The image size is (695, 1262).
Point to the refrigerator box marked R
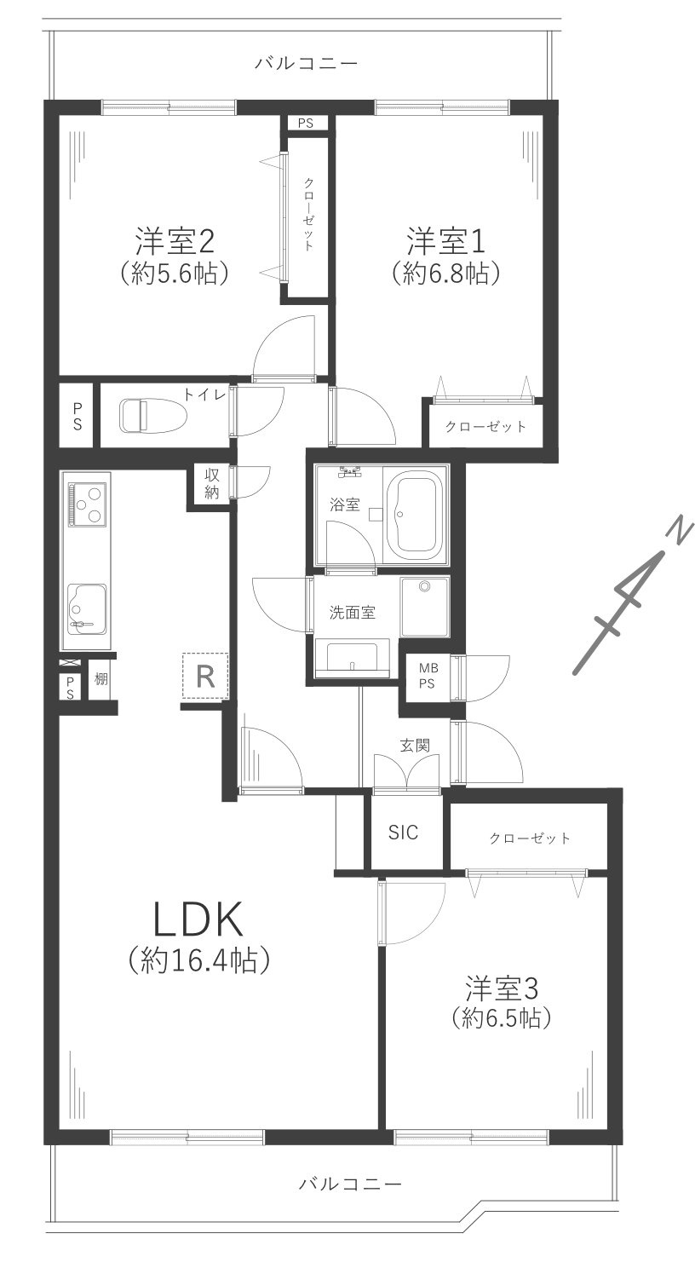tap(204, 676)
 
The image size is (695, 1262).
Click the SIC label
tap(403, 833)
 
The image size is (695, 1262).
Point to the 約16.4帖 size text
tap(199, 961)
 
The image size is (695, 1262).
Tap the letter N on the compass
tap(677, 532)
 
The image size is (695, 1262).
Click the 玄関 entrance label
tap(415, 745)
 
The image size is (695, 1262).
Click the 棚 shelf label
tap(101, 679)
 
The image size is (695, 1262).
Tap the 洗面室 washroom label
tap(353, 612)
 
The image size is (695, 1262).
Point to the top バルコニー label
tap(306, 63)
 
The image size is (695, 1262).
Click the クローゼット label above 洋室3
tap(530, 838)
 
